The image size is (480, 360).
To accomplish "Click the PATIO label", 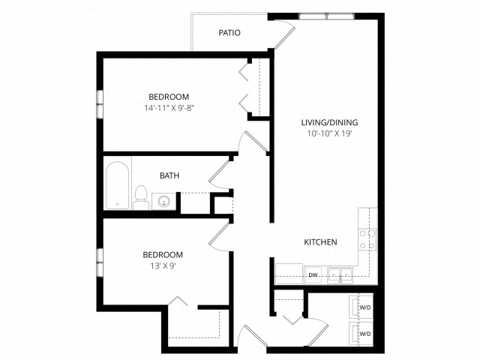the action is coord(229,33).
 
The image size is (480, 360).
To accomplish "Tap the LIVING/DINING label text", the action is coord(329,122).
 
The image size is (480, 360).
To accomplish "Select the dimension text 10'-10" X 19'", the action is coord(329,133).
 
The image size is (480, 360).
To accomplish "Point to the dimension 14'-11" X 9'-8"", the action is coord(169,108).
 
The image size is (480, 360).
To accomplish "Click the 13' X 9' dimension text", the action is coord(162,266).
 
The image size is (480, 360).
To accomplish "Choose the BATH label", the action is coord(169,175).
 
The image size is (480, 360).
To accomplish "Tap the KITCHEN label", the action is coord(320,242).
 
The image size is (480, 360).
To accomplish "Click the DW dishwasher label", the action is coord(313,275).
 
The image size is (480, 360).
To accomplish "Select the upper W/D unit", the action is coord(361,307).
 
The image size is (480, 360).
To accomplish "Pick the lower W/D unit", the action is coord(361,334).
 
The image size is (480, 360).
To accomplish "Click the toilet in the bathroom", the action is coord(141,197).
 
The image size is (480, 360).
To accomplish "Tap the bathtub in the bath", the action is coord(117,185).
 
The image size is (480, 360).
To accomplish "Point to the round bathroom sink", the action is coord(164,202).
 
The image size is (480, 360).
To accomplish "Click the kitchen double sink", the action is coord(340,275).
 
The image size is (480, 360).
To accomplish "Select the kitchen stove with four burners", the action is coord(367,239).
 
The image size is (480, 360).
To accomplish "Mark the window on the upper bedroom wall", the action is coord(100,104).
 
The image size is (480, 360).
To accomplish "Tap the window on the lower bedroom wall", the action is coord(100,262).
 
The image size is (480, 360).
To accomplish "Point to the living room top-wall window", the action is coord(327,16).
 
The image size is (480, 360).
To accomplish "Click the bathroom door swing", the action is coord(219,173).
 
